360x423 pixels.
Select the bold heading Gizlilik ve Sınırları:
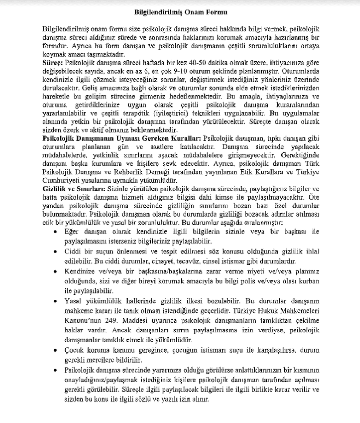73,190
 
